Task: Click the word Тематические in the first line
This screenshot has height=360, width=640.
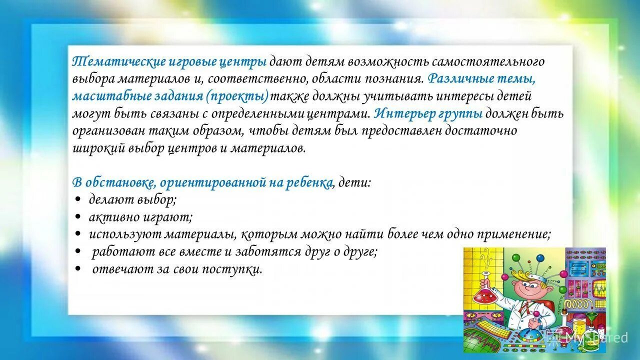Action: (x=106, y=62)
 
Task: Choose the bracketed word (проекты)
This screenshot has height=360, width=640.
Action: (x=236, y=96)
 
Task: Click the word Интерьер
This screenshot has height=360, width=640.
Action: (x=403, y=113)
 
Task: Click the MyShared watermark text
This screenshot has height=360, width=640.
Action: (x=596, y=337)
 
